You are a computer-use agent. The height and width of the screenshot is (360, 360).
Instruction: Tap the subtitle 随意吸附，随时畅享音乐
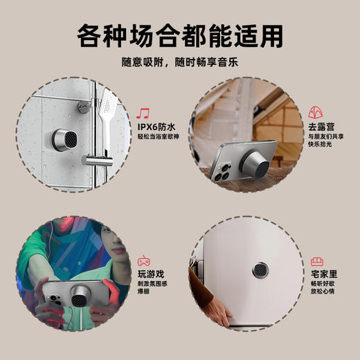click(x=180, y=62)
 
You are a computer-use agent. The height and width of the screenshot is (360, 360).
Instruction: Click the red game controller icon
click(x=144, y=261)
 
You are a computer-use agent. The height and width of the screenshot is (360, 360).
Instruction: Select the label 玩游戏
click(x=152, y=275)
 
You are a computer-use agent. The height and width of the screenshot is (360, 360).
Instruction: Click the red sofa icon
click(x=318, y=261)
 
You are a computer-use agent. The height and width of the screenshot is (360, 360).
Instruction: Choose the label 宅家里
click(x=324, y=275)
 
